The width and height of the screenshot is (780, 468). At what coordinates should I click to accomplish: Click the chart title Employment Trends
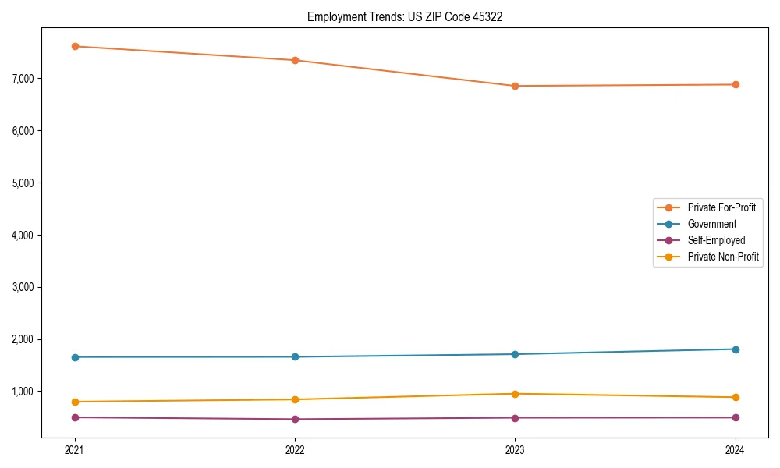[404, 16]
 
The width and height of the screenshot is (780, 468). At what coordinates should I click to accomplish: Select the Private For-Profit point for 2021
[75, 46]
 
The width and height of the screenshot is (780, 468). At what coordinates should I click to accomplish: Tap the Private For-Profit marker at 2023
[515, 86]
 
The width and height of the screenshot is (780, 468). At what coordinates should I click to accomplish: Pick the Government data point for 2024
[735, 349]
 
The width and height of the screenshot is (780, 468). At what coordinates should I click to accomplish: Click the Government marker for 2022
[295, 357]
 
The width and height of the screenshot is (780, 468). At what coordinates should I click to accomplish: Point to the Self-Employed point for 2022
[295, 419]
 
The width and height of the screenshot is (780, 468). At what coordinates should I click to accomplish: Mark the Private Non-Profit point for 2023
[515, 394]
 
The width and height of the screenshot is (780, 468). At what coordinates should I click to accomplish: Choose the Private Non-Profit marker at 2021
[75, 402]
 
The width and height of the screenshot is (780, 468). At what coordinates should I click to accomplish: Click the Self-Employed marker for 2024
[735, 417]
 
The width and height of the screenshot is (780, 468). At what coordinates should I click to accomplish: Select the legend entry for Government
[711, 224]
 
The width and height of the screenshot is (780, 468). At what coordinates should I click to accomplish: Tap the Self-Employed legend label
[716, 240]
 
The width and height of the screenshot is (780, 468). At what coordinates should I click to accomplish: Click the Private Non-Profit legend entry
[723, 257]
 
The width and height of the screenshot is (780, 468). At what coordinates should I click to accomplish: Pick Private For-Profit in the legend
[721, 207]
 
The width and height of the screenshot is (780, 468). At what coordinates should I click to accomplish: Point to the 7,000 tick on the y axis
[24, 79]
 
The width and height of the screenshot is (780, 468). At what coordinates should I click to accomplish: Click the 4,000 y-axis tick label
[24, 235]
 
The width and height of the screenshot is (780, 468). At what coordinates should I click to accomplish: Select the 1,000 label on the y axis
[24, 392]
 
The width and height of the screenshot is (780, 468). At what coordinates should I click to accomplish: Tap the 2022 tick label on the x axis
[295, 449]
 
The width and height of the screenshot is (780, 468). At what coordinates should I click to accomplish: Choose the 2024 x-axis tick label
[735, 449]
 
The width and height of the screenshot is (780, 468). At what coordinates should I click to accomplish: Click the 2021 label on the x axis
[75, 449]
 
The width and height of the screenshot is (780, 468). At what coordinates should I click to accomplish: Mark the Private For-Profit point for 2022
[295, 60]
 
